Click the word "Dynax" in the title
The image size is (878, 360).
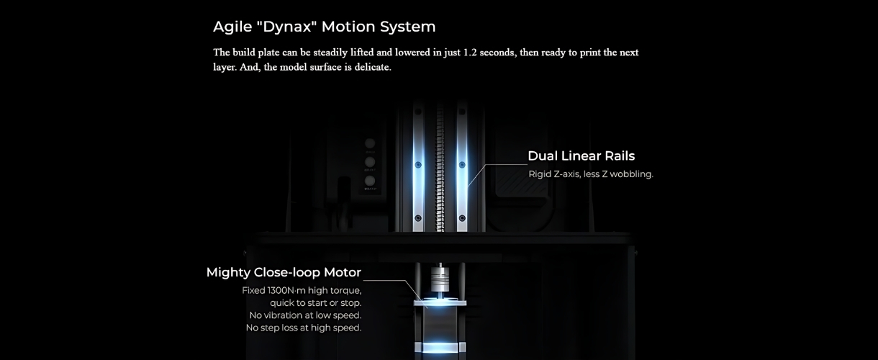[x=289, y=27]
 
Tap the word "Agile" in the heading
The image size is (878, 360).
[x=232, y=27]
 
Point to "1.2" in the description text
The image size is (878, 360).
[x=469, y=53]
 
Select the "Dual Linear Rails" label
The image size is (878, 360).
[x=581, y=156]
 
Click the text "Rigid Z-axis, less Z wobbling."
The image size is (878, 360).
[x=591, y=174]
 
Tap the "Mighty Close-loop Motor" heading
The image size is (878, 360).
[x=284, y=272]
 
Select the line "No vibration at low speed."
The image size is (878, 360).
[x=305, y=315]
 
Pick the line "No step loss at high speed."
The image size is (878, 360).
[x=304, y=328]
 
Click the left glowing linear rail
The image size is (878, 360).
[x=418, y=166]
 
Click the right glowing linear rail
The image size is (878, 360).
[x=462, y=166]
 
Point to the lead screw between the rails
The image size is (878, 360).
[x=440, y=168]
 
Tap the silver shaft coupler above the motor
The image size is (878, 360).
[x=440, y=279]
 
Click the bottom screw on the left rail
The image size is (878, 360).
[x=418, y=218]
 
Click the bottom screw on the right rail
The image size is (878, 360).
[x=462, y=218]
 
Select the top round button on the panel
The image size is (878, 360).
[x=370, y=143]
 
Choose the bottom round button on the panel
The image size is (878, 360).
[x=370, y=181]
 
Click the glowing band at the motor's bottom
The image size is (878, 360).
[x=440, y=347]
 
